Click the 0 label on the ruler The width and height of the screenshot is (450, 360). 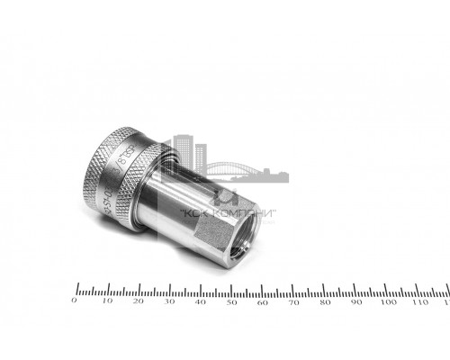coord(75,302)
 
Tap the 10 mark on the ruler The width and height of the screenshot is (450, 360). coord(106,302)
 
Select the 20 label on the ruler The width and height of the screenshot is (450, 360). coord(138,302)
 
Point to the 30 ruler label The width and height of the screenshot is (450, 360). coord(169,302)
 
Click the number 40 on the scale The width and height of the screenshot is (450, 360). coord(200,302)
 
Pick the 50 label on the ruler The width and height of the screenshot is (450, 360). coord(231,302)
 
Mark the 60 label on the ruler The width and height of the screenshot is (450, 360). coord(263,302)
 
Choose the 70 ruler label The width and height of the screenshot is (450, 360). coord(294,302)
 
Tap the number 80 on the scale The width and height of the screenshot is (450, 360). coord(325,302)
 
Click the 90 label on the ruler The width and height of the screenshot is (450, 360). coord(356,302)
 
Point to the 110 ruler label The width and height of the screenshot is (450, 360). coord(419,302)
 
